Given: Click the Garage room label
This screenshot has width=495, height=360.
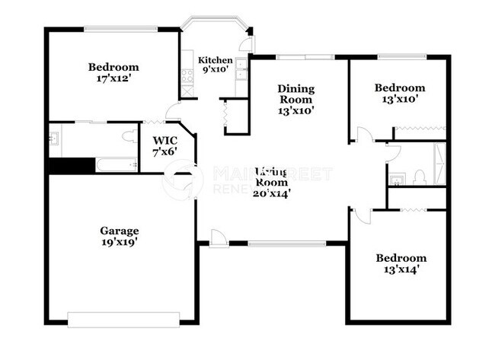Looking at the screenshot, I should coord(119,231).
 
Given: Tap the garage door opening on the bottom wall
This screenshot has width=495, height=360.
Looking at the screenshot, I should coord(123,317).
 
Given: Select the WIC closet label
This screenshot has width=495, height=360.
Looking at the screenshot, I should coord(165,140).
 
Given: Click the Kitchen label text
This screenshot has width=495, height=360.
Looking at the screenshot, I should coord(216,60).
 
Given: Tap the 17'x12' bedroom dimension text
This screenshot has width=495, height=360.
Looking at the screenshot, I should coord(113,78).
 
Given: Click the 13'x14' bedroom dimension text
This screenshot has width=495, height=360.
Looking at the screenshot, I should coord(401,269).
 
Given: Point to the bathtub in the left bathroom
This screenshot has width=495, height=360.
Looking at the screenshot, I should coord(114,165).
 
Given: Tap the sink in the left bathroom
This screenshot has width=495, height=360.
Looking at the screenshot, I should coord(54,139).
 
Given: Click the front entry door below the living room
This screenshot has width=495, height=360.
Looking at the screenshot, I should coord(219,238).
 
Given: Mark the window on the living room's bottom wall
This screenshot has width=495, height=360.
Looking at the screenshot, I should coord(287,244).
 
